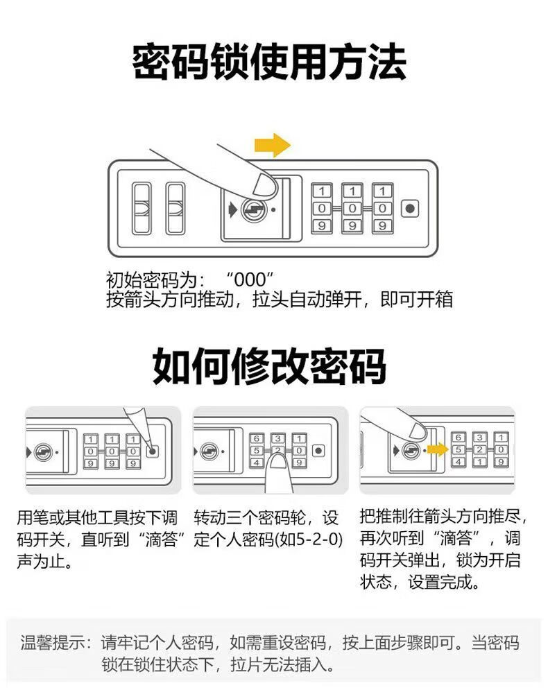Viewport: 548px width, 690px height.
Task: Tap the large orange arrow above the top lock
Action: click(x=271, y=145)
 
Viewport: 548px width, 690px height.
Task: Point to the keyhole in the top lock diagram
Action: click(x=252, y=209)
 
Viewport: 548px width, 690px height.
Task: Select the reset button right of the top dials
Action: click(x=409, y=208)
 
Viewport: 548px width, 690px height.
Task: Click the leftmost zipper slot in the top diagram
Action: click(x=142, y=208)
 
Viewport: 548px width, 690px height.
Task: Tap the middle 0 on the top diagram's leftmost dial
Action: click(x=322, y=208)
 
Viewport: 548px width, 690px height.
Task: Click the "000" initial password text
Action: click(x=250, y=279)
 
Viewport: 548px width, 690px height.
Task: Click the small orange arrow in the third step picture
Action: click(x=437, y=450)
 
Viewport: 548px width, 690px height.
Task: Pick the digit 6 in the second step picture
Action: click(x=255, y=438)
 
